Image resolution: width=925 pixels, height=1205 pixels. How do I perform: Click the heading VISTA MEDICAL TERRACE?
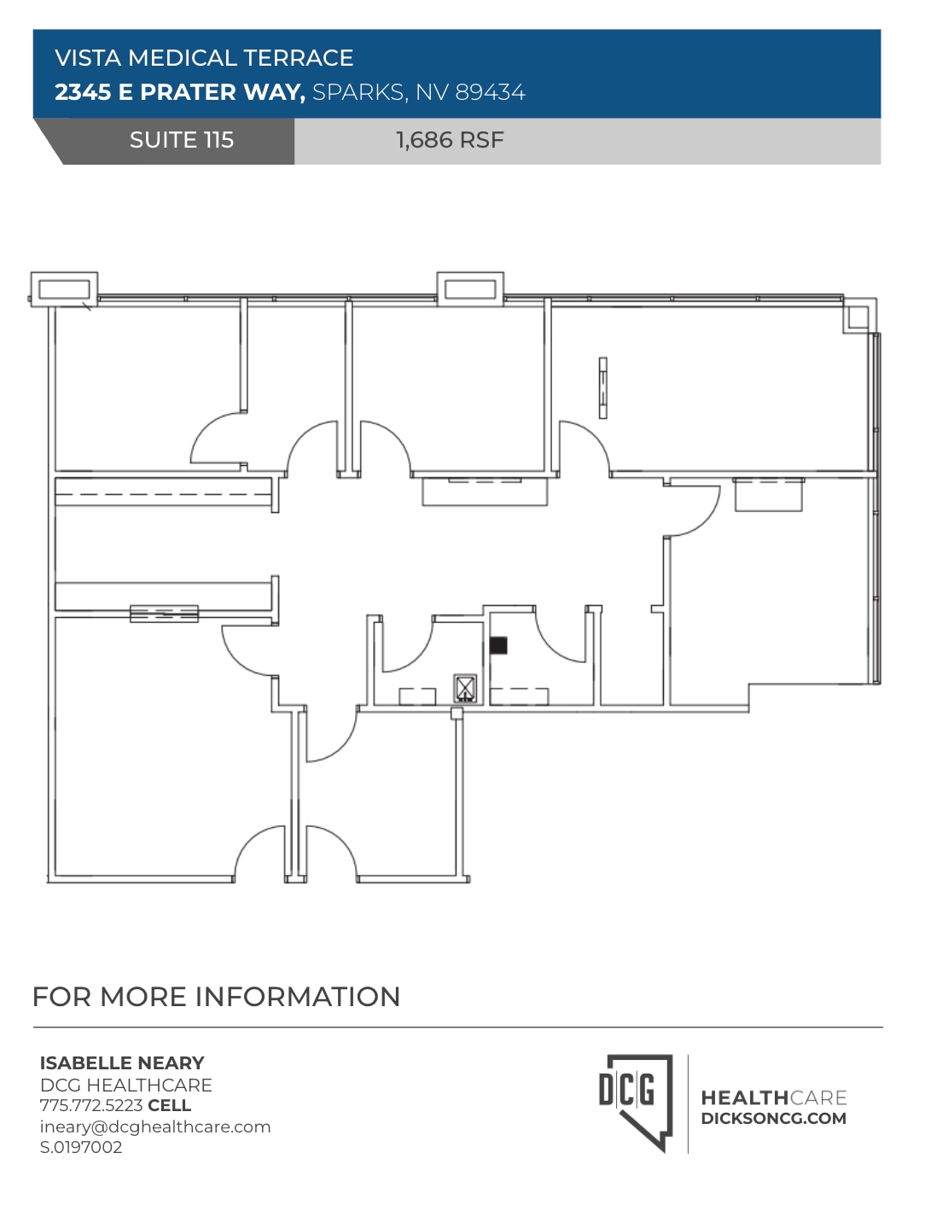[204, 58]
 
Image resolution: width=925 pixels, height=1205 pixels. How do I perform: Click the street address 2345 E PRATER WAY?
[179, 92]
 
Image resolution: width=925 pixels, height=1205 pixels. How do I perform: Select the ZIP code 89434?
[490, 92]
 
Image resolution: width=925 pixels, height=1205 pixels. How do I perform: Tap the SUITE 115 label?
[181, 140]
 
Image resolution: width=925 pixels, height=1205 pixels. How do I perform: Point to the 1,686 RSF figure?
[450, 140]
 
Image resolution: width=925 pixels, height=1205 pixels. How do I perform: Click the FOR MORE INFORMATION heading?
[216, 997]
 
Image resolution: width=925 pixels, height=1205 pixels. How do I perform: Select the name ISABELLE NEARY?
[122, 1063]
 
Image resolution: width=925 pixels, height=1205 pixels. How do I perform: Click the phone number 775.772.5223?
[91, 1105]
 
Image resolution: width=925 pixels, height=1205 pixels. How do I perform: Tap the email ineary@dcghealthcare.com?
[155, 1126]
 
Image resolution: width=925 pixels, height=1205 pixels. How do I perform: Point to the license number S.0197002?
[81, 1147]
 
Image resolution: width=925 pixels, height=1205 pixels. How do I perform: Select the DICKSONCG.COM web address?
[773, 1119]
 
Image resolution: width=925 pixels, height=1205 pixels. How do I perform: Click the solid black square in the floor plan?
[498, 645]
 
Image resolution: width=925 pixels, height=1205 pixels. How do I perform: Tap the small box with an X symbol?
[465, 687]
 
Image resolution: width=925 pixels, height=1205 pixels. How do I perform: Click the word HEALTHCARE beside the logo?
[773, 1097]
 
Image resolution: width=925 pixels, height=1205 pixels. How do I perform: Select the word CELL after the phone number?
[169, 1105]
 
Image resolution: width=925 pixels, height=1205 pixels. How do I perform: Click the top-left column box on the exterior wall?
[64, 289]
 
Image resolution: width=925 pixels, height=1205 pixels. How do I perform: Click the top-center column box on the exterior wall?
[470, 289]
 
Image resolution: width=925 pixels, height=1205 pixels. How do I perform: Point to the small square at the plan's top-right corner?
[857, 317]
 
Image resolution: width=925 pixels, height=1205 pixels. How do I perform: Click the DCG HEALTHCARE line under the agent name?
[126, 1085]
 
